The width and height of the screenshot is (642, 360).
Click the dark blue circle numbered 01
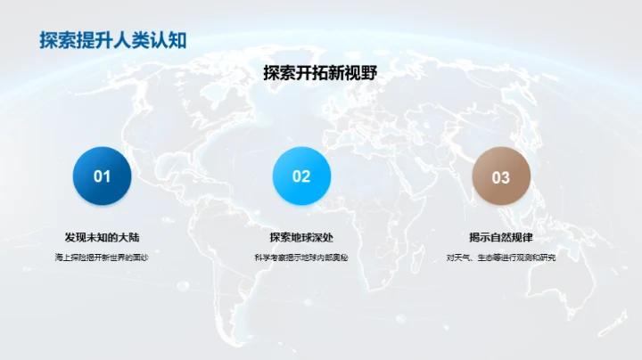102,176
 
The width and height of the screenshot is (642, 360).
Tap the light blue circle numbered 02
301,176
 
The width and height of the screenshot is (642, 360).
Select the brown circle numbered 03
500,176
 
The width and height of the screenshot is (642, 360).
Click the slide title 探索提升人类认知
112,40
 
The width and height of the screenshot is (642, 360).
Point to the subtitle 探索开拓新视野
320,75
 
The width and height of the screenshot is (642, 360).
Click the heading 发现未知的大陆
102,237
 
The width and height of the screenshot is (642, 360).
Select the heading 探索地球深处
301,237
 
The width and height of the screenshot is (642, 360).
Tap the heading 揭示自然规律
500,237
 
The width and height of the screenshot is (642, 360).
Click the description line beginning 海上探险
102,258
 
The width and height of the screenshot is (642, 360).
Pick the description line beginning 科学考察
301,258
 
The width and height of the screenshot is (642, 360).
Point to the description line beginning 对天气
500,258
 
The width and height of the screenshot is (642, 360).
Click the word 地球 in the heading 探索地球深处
301,237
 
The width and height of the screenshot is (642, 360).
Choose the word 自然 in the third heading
500,237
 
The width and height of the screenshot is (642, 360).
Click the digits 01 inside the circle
102,176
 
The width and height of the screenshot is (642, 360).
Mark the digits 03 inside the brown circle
500,177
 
